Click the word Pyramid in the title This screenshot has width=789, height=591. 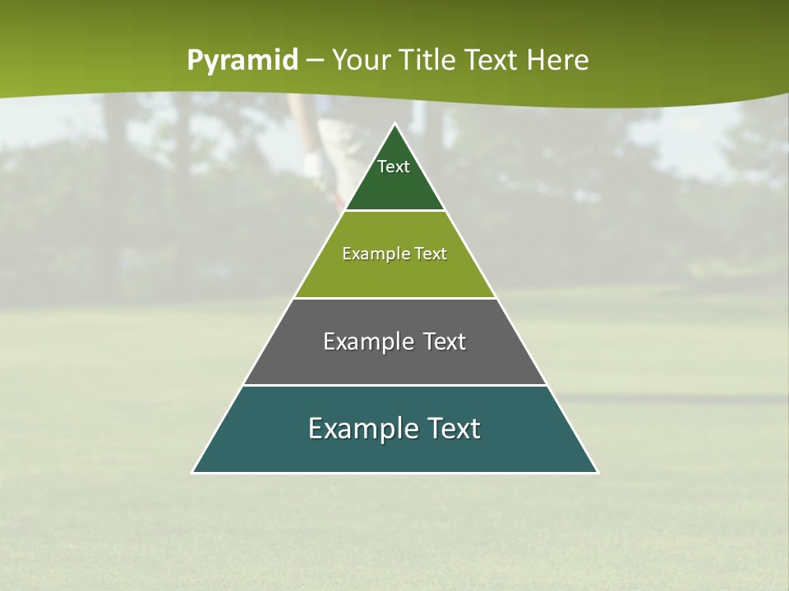242,61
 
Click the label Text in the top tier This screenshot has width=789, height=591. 394,167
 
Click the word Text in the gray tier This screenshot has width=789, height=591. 445,341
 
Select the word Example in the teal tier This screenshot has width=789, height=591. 359,428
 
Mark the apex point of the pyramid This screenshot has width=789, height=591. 394,124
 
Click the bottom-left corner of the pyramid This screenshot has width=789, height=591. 193,472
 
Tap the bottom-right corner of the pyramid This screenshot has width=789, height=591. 597,472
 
